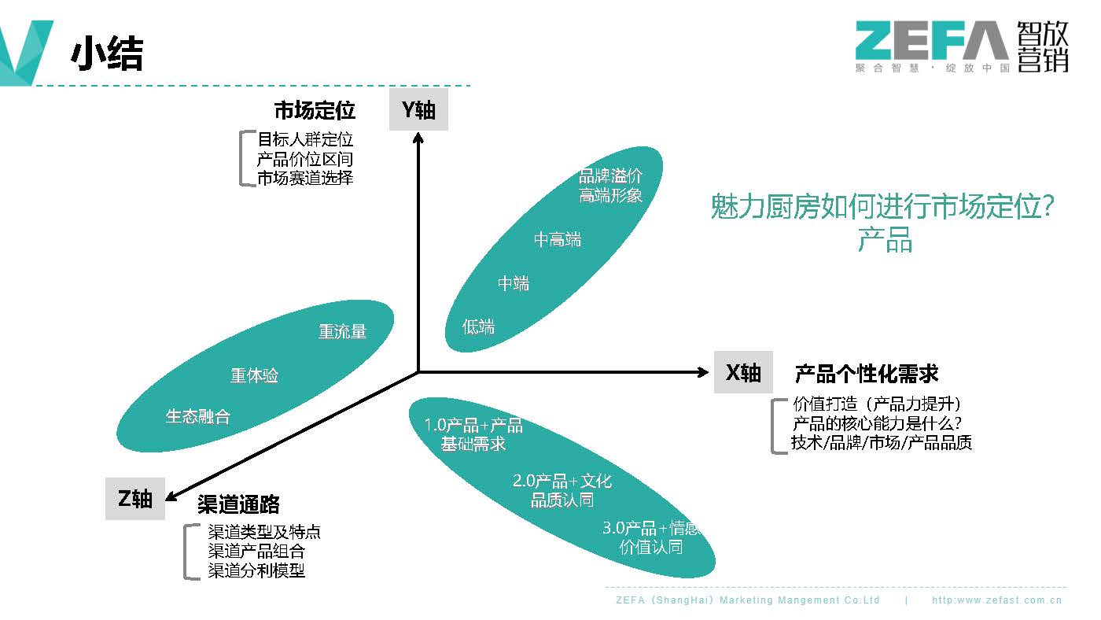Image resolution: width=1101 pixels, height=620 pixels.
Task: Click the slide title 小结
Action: tap(107, 54)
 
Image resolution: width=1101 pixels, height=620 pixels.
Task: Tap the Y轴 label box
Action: tap(418, 110)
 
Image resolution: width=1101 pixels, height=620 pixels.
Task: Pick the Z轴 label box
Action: tap(135, 499)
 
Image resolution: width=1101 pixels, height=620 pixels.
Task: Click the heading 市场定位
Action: tap(315, 109)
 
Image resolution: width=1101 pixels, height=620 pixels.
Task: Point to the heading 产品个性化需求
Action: tap(867, 373)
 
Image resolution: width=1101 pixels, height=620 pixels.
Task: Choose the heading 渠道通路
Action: tap(239, 504)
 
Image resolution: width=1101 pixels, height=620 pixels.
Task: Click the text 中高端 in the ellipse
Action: tap(558, 240)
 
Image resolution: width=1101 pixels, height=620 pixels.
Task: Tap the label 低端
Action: tap(479, 326)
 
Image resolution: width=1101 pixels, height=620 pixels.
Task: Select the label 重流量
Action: tap(342, 332)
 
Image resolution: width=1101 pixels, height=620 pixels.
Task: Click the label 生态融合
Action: tap(198, 416)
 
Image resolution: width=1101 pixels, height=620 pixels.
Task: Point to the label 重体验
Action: tap(254, 375)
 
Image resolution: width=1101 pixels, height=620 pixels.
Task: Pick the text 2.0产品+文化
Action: tap(562, 481)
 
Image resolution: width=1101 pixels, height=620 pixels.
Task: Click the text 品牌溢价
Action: tap(610, 176)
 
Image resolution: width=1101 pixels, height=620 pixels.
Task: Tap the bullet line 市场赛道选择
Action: tap(305, 178)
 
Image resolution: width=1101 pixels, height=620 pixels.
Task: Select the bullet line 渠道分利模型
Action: tap(256, 570)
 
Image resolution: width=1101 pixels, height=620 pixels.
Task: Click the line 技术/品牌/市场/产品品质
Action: tap(882, 443)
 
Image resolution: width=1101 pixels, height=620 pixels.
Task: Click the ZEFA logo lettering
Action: tap(931, 41)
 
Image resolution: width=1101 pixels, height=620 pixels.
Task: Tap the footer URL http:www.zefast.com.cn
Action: tap(996, 600)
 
